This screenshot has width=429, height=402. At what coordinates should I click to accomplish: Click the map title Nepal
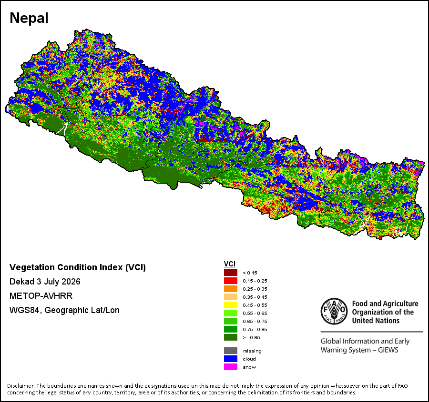point(29,18)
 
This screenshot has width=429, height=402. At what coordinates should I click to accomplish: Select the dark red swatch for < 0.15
point(231,273)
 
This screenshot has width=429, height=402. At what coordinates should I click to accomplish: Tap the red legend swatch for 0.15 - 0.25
point(231,281)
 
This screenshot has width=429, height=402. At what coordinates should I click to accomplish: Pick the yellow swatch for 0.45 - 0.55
point(231,305)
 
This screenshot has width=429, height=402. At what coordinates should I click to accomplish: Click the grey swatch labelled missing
point(231,351)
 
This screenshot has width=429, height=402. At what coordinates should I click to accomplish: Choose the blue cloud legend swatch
point(231,359)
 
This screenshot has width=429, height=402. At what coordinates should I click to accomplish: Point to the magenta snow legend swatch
point(231,367)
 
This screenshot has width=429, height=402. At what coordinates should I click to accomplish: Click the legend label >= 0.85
point(251,338)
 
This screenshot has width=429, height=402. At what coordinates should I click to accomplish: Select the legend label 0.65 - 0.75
point(255,322)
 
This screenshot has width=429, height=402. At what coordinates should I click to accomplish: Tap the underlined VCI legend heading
point(230,264)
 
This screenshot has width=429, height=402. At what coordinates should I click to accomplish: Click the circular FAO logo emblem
point(334,311)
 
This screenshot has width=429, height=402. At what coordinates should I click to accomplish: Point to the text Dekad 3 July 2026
point(45,282)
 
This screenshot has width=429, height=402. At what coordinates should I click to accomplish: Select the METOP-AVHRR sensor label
point(41,296)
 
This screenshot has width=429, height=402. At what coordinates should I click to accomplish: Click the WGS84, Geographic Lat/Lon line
point(64,310)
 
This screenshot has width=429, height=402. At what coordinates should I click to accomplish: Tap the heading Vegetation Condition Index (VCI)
point(78,267)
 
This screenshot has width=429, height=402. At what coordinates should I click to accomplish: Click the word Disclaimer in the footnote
point(21,386)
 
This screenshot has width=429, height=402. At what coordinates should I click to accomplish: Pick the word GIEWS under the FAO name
point(388,350)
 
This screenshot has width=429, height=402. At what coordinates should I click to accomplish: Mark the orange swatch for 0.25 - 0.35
point(231,289)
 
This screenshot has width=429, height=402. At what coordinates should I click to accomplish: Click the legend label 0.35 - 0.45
point(255,297)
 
